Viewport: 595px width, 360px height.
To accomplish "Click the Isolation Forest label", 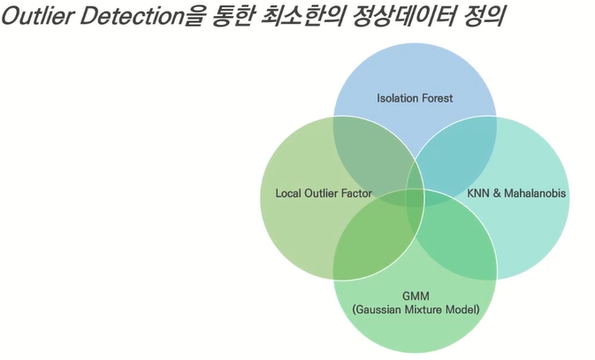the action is click(x=415, y=98).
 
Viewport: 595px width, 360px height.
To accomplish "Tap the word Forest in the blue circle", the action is click(x=435, y=98).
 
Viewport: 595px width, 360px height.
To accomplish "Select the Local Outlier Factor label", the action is click(x=323, y=193).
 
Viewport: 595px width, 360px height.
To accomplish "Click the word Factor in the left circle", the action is click(x=355, y=193).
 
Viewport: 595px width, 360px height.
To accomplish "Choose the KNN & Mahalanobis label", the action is click(x=516, y=193).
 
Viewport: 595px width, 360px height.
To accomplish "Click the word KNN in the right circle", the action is click(x=478, y=193).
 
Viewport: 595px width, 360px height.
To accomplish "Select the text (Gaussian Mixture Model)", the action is click(x=415, y=310).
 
